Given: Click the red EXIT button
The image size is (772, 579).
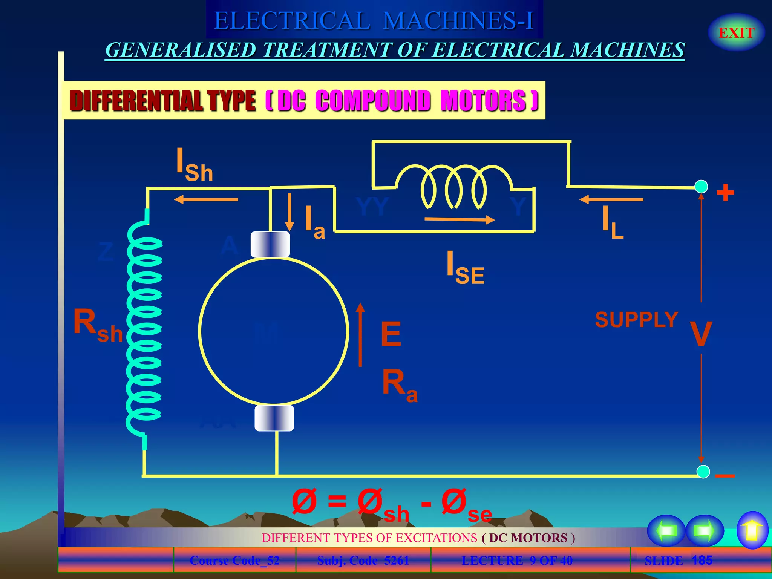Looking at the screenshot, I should pos(736,33).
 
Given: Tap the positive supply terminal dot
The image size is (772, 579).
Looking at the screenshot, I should pos(701,187).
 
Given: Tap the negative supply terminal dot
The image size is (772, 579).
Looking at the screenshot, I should pos(703,472).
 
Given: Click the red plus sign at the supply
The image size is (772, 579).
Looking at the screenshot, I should pos(725,193).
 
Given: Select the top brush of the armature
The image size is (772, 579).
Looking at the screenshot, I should pos(270,244).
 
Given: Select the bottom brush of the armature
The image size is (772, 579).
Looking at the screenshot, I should pos(274,418).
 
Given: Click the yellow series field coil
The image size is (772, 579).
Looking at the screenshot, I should pos(454,186).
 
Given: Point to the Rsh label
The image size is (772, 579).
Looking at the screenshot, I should pos(98,325).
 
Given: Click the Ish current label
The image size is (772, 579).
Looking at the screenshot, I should pos(195,165).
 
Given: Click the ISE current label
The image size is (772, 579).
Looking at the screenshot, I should pos(465,268).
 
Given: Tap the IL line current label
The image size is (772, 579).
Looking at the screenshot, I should pos(612,222).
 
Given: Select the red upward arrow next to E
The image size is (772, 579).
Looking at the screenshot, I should pos(360,335).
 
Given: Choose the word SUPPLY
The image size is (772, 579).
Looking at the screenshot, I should pos(636,320).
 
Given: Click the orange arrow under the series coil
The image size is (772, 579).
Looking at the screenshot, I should pos(460,219).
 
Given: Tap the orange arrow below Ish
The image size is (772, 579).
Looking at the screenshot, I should pos(206,199).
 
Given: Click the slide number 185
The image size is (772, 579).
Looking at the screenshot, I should pos(702,560).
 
